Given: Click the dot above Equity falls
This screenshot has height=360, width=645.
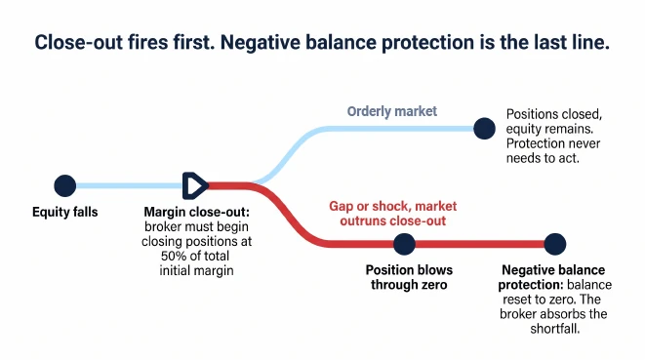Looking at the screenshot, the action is click(x=65, y=185).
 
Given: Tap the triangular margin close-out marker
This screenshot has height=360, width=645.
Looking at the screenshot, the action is click(x=195, y=185).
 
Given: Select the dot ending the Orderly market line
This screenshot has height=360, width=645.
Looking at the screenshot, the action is click(x=484, y=129).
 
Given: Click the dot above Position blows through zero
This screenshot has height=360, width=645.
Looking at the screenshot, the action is click(x=404, y=244).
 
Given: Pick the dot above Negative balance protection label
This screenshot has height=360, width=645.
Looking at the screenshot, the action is click(x=555, y=244).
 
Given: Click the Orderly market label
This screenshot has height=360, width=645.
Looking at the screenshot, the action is click(x=391, y=111).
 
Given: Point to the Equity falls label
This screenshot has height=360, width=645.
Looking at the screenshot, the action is click(x=65, y=212).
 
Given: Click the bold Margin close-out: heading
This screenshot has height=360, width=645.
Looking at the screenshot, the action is click(x=197, y=212).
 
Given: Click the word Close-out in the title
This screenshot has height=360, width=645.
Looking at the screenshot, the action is click(x=79, y=42).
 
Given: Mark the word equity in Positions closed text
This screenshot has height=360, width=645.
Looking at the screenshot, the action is click(x=523, y=129).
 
